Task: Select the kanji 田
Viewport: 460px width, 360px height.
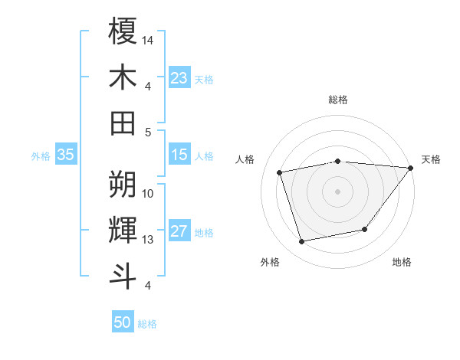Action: coord(123,123)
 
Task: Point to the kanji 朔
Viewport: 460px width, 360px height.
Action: coord(123,184)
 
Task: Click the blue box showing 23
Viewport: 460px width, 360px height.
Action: coord(179,78)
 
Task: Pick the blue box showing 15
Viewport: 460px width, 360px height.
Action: coord(179,155)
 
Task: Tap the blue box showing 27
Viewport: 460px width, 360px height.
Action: coord(179,232)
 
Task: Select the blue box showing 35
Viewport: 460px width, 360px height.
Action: coord(65,155)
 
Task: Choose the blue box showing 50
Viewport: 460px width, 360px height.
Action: coord(123,322)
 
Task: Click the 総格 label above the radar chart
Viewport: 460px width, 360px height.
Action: coord(338,100)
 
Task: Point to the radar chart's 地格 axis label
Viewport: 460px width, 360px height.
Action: coord(402,263)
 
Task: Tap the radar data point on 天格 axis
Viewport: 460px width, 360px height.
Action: coord(410,168)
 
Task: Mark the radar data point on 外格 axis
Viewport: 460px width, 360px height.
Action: coord(302,241)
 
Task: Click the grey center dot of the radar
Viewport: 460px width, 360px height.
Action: coord(337,191)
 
